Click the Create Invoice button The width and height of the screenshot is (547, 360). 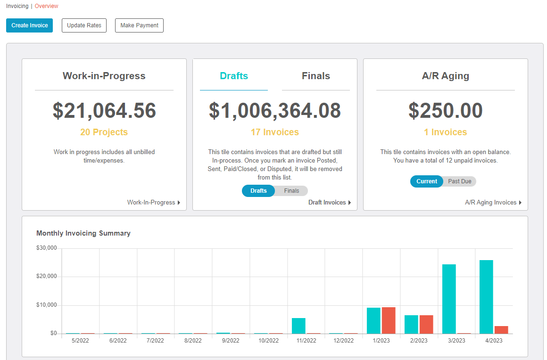[x=30, y=25]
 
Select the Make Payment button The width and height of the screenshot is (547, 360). [x=139, y=25]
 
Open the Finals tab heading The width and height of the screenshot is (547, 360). [x=315, y=76]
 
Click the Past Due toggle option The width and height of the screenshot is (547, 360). [x=460, y=181]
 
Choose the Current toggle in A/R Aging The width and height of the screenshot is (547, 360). [x=427, y=181]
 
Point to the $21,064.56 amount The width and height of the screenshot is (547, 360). [x=104, y=110]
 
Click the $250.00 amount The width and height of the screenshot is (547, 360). [x=446, y=110]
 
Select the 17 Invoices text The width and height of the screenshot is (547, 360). [x=275, y=132]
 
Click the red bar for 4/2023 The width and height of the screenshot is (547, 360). [x=501, y=330]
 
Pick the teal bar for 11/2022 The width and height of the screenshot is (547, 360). [x=298, y=326]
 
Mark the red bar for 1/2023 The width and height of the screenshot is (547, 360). [x=389, y=320]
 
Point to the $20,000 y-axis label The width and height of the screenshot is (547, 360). [x=46, y=277]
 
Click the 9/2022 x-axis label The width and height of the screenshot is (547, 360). [x=231, y=341]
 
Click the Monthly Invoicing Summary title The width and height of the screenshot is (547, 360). [x=83, y=233]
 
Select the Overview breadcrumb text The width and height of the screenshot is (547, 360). [x=47, y=6]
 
